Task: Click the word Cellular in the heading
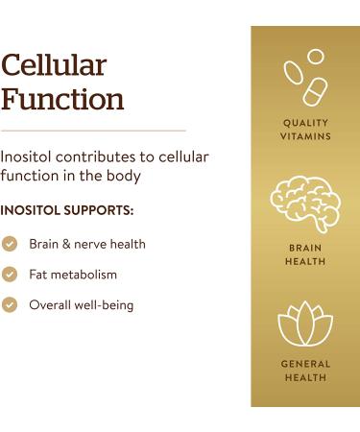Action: [x=53, y=65]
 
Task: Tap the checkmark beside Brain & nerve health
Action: [x=10, y=245]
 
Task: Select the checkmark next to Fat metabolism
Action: [x=10, y=275]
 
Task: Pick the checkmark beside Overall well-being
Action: [x=10, y=305]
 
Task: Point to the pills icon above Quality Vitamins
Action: [x=305, y=77]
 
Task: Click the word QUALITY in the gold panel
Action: [x=305, y=123]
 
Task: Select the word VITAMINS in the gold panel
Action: [x=305, y=136]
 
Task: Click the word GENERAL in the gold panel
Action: [x=305, y=364]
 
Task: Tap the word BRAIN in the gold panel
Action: [x=305, y=248]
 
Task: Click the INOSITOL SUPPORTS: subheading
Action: [x=66, y=209]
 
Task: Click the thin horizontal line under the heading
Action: [x=93, y=130]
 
